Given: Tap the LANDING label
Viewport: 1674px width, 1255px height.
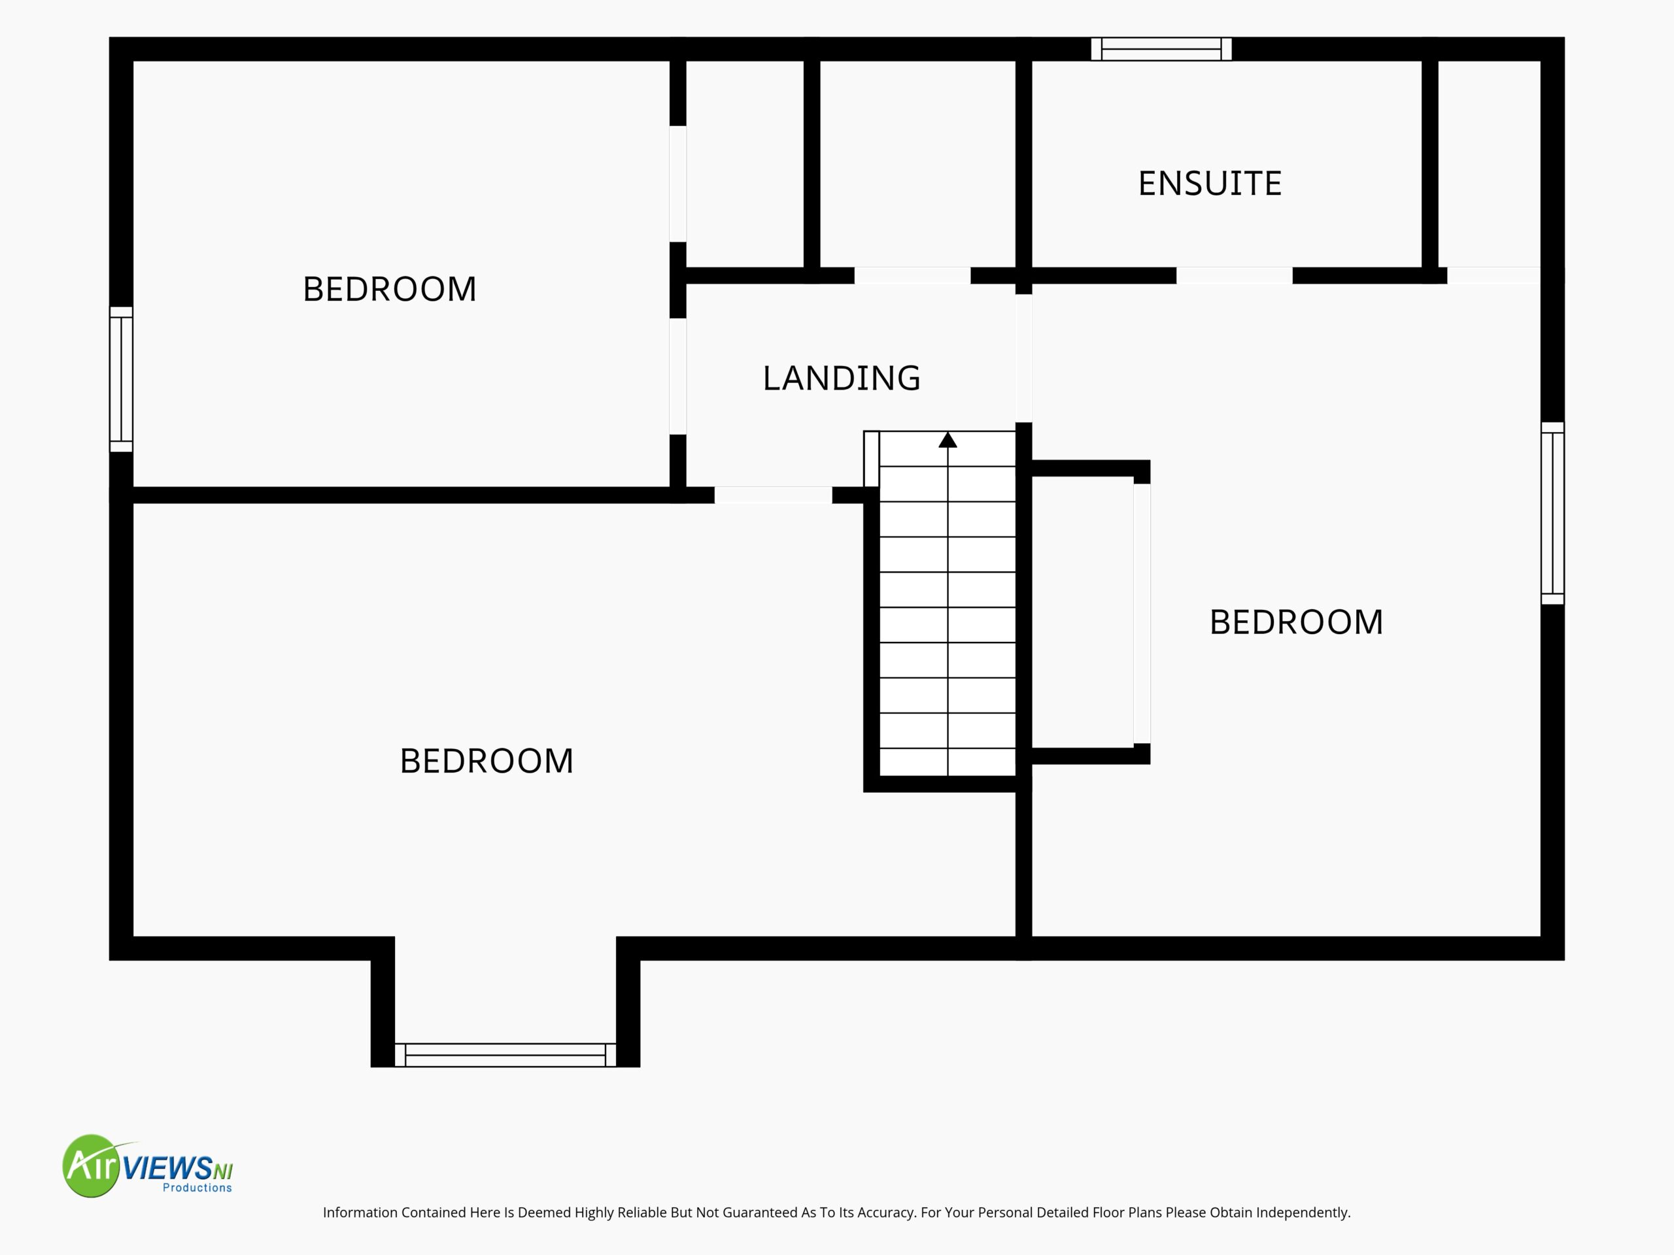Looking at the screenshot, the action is tap(842, 378).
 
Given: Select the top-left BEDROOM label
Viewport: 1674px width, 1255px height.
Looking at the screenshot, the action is tap(389, 289).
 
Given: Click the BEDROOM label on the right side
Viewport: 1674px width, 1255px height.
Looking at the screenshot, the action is tap(1295, 622).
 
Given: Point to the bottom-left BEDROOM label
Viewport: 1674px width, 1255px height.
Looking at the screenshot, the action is tap(486, 761).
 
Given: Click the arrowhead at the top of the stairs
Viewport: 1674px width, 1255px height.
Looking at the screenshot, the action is tap(948, 439).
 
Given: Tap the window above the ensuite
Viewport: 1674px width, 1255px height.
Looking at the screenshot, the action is tap(1161, 49).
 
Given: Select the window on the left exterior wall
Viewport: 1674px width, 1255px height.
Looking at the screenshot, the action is tap(121, 379).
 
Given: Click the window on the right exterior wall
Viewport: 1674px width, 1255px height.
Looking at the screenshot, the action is tap(1552, 513).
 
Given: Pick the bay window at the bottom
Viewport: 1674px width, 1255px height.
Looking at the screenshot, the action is tap(505, 1055).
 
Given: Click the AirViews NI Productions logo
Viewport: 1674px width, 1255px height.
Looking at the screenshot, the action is tap(148, 1165).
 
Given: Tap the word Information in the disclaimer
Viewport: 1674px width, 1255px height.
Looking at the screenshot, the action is tap(360, 1213).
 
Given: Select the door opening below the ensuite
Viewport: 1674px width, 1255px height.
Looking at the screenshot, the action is tap(1235, 275).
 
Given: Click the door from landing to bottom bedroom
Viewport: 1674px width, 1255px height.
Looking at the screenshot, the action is tap(774, 495).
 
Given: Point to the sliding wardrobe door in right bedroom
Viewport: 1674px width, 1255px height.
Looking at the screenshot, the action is tap(1142, 614).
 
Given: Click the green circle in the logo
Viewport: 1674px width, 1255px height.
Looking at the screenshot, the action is tap(91, 1165).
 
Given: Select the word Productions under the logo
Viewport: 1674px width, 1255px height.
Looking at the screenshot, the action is tap(197, 1188).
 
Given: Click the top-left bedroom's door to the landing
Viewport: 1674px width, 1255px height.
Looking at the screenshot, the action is tap(678, 376).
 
